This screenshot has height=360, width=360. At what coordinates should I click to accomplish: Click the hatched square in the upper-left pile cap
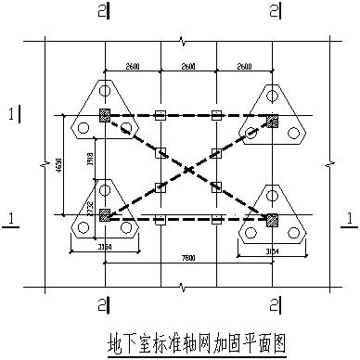[x=105, y=116]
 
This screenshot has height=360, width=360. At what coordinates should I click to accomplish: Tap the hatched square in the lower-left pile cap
[x=105, y=214]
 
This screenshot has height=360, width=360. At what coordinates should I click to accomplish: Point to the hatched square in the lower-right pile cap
[x=272, y=220]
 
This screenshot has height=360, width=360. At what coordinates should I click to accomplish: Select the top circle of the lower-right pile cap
[x=272, y=195]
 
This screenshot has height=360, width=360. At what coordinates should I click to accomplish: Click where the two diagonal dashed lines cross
[x=188, y=168]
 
